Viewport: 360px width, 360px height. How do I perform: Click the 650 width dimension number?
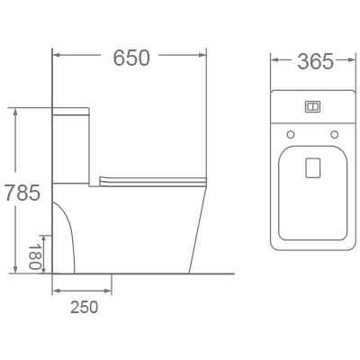[132, 57]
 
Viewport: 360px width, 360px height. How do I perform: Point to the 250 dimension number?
[83, 307]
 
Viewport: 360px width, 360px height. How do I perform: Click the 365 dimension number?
[314, 61]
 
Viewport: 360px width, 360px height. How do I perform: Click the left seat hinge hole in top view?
[290, 135]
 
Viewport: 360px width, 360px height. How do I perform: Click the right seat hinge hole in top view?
[335, 135]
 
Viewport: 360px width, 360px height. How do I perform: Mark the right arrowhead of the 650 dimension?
[210, 57]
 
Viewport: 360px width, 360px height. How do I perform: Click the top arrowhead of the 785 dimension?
[15, 111]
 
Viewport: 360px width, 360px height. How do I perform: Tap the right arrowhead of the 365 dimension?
[354, 62]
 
